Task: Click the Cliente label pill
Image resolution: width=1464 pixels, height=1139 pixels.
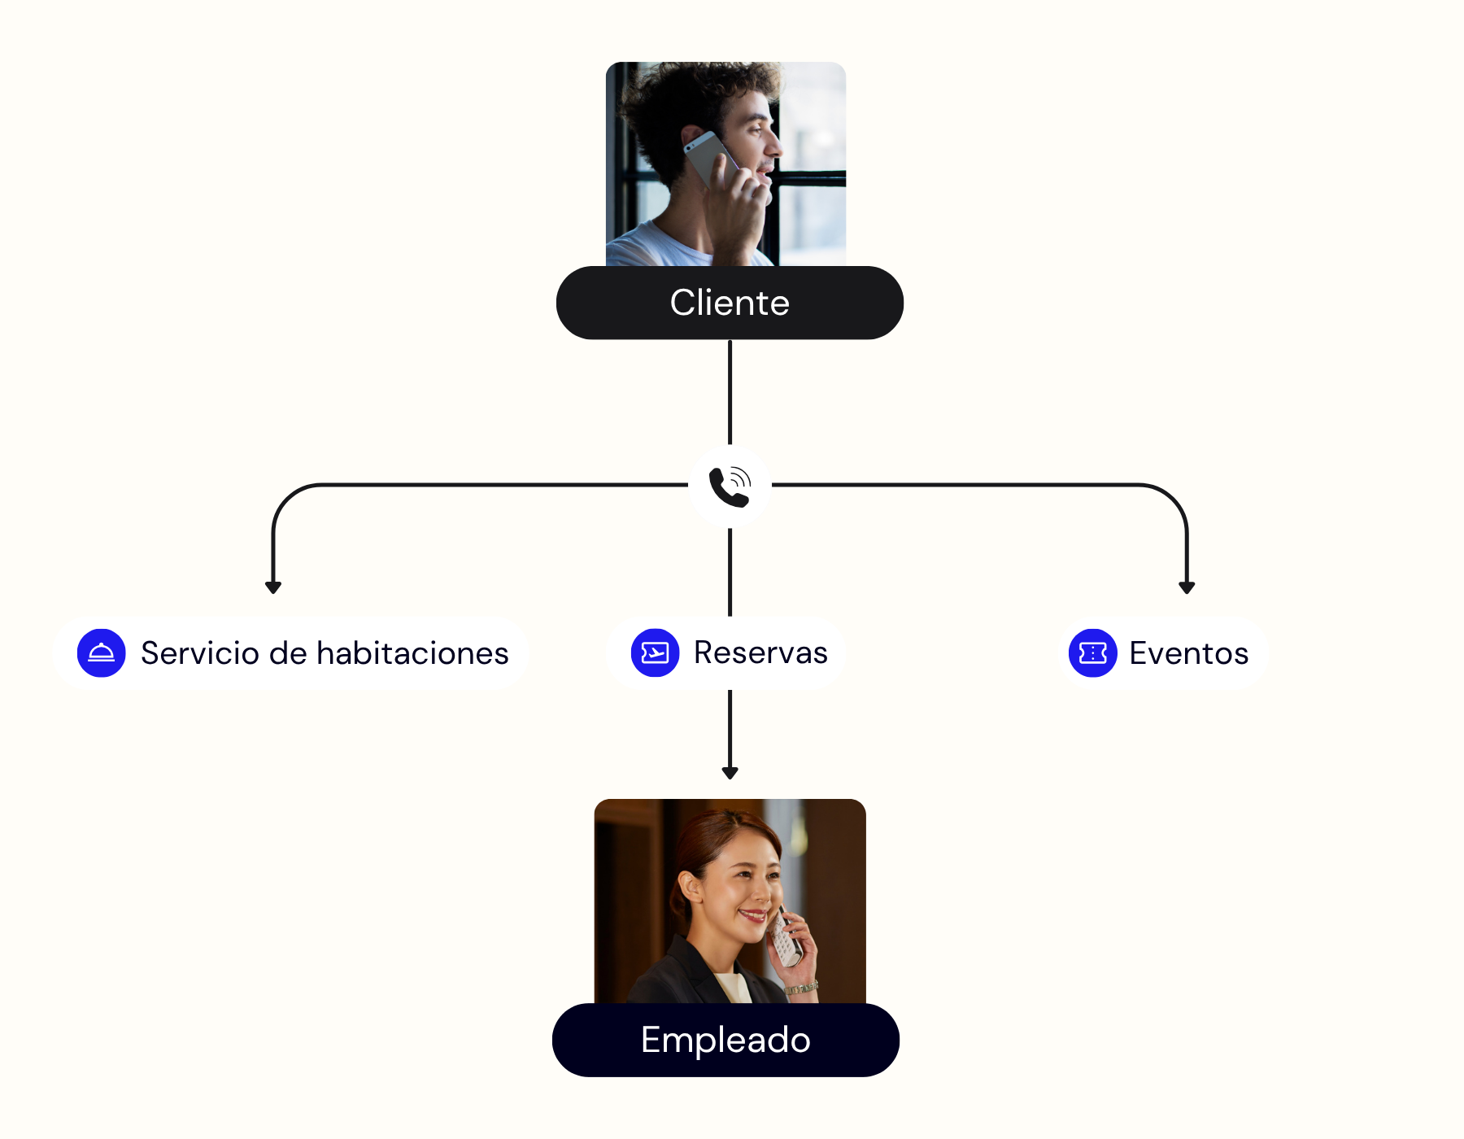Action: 730,303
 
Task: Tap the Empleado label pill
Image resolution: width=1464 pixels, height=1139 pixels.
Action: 725,1040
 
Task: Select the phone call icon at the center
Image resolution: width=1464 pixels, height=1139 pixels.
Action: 730,487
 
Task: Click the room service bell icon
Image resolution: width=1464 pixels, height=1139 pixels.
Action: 102,652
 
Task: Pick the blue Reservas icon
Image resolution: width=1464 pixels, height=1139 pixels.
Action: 655,652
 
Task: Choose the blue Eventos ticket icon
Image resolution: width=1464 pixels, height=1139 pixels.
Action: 1092,652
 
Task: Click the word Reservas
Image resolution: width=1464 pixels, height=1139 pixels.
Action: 760,652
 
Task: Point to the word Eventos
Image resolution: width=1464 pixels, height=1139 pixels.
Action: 1188,653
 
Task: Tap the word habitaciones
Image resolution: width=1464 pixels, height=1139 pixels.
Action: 412,653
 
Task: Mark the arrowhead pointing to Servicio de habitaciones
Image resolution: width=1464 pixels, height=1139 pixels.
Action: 273,587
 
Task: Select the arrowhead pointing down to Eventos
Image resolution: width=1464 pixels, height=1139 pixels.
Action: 1187,587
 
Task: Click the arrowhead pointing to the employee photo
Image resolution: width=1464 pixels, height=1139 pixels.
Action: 730,772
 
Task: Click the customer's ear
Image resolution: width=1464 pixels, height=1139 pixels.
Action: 692,139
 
